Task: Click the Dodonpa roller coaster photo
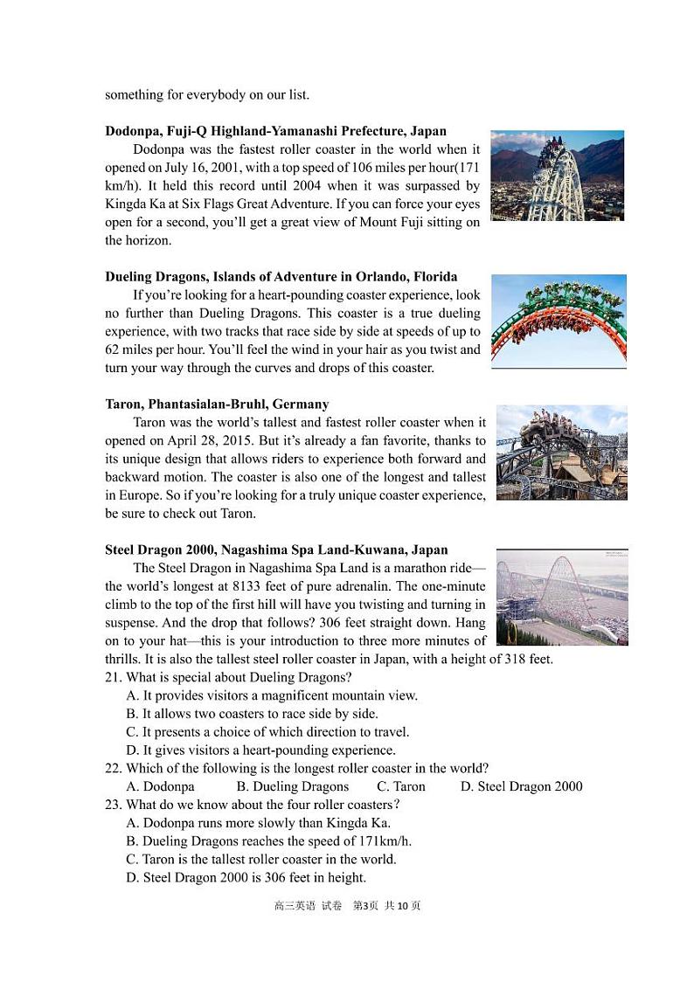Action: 557,176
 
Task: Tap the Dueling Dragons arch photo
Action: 559,321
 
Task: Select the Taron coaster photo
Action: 562,452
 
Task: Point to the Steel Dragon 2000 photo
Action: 562,597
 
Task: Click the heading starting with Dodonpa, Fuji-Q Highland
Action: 275,132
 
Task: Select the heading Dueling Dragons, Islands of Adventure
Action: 281,277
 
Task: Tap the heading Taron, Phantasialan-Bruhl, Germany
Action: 217,405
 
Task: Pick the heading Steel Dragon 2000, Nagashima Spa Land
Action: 276,550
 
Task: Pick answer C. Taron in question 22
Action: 401,787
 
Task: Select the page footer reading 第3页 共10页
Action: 385,906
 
